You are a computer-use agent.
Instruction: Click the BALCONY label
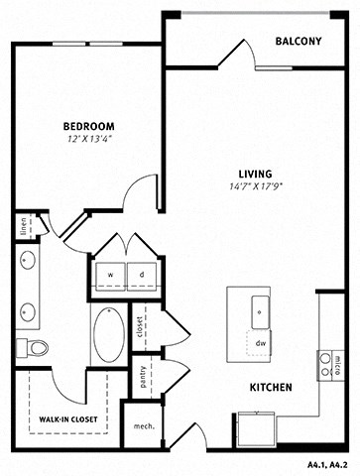[299, 41]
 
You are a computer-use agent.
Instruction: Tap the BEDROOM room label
[88, 126]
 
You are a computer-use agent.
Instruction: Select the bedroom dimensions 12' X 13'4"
[88, 140]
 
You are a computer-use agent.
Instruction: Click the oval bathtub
[109, 333]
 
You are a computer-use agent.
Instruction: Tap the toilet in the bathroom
[36, 347]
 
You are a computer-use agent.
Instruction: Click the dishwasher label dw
[261, 343]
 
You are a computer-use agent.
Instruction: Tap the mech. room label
[143, 427]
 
